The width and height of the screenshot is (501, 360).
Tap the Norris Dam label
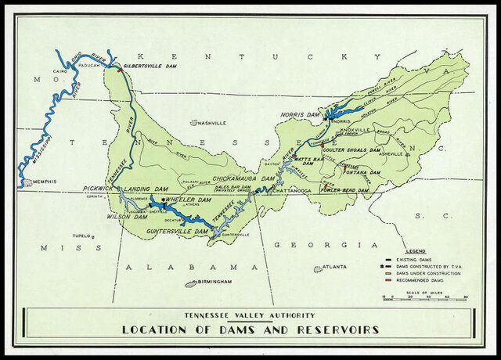point(303,115)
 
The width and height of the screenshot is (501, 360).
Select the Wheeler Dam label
point(186,200)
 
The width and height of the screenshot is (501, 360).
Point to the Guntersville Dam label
point(178,232)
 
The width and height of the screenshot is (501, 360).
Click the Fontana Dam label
point(348,173)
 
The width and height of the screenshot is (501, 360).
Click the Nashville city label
point(211,123)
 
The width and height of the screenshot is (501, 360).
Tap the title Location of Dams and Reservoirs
point(250,329)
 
